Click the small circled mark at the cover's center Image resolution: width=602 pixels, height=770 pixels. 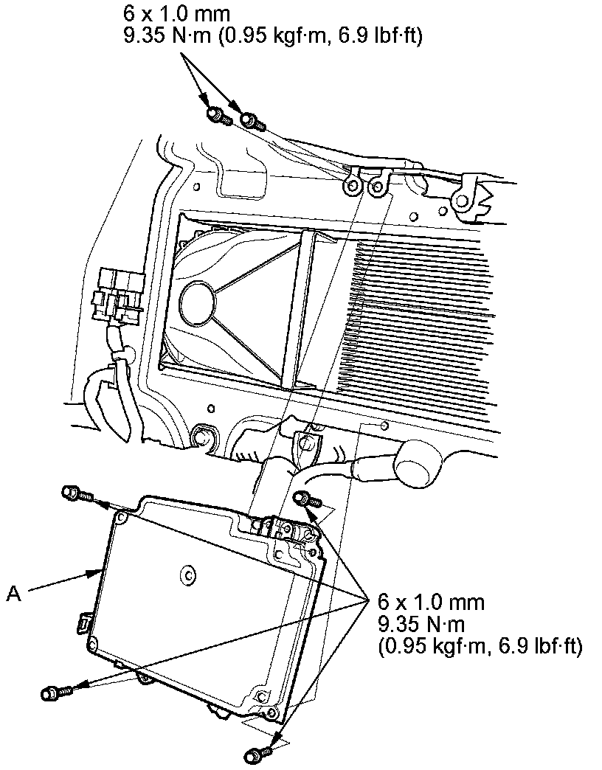pyautogui.click(x=188, y=573)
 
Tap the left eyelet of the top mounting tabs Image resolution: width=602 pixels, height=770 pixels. pyautogui.click(x=350, y=187)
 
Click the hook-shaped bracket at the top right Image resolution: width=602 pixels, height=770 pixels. pyautogui.click(x=469, y=198)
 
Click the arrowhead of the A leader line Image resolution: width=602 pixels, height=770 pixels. pyautogui.click(x=100, y=570)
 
